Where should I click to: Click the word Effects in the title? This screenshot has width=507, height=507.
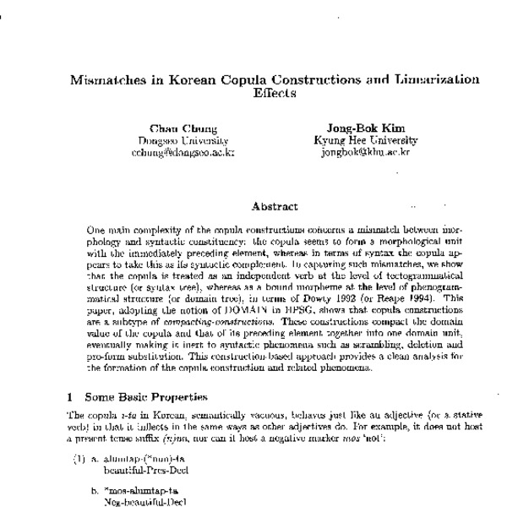pos(275,94)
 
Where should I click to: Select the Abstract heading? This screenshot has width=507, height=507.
pos(275,204)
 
